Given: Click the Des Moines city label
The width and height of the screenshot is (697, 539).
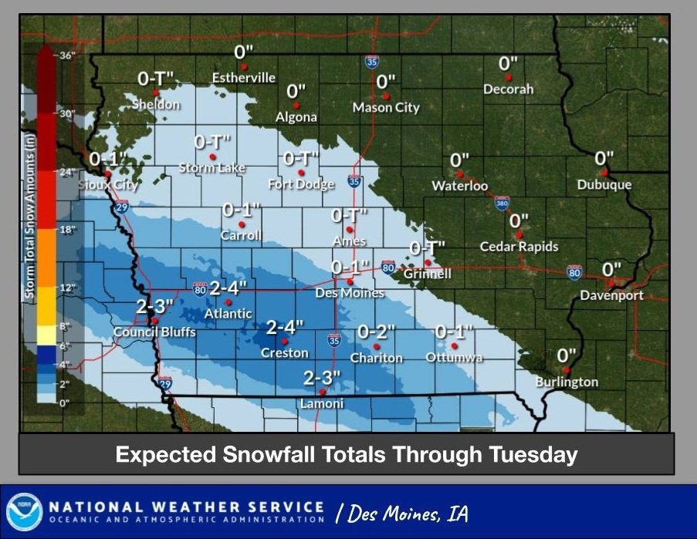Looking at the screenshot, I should coord(350,293).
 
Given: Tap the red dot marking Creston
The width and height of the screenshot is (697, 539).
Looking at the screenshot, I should coord(285,341).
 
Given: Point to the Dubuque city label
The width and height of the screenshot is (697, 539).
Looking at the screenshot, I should coord(604,185).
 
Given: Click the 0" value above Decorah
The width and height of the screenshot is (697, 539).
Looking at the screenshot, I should coord(508,63).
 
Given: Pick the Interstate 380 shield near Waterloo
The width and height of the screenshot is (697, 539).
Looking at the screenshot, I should coord(502,203).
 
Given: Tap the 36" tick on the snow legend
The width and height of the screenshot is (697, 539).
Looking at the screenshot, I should coord(66,56).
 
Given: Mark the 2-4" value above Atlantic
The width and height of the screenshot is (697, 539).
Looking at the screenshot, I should coord(228,288).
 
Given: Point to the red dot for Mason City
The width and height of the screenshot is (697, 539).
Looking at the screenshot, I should coord(385,96).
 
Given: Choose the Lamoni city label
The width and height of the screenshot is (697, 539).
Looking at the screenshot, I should coord(322,404).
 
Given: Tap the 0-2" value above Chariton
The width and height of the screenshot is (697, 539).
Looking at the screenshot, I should coord(376,332).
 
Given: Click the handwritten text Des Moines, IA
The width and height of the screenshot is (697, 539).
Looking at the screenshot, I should coord(401,514).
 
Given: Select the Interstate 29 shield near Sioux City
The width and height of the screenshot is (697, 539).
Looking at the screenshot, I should coord(121,208).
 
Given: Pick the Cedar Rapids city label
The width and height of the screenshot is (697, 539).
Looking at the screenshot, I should coord(519,247).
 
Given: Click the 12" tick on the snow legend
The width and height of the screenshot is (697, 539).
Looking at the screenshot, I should coord(66,288).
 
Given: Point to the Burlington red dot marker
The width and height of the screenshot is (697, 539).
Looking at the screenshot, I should coord(566,370).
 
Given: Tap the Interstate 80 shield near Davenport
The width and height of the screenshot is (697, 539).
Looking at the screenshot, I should coord(574,271).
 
